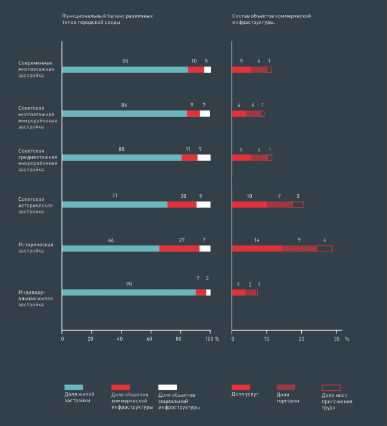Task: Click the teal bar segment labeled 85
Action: point(125,70)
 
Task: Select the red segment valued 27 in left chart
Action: point(179,248)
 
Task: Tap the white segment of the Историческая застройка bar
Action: point(205,248)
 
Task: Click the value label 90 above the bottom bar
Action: point(129,284)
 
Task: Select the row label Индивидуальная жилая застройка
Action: point(31,298)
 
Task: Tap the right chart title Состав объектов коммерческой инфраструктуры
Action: point(271,18)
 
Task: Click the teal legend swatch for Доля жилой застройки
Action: point(73,387)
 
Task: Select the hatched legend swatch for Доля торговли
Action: point(286,387)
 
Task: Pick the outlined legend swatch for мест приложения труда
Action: point(331,387)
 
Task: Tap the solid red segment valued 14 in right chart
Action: point(257,248)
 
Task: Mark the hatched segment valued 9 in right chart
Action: point(299,248)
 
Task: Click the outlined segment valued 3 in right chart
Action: point(298,204)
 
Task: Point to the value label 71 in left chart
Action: point(115,195)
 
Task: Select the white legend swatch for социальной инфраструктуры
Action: point(168,387)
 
